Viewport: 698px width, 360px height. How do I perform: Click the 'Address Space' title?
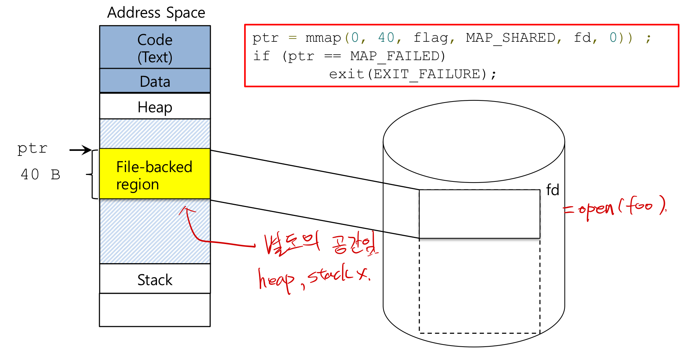point(156,13)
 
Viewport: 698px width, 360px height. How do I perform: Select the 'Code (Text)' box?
point(155,48)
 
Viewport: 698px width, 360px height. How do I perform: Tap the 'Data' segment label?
point(155,81)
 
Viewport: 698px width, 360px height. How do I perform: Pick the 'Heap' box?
point(155,107)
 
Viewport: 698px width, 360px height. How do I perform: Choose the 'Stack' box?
point(155,279)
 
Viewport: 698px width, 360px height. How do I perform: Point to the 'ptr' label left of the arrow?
point(32,148)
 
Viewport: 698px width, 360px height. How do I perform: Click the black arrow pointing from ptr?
point(80,150)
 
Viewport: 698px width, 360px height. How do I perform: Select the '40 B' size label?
point(40,175)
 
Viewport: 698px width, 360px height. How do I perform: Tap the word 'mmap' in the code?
point(323,38)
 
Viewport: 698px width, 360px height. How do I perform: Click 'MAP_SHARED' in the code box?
point(511,38)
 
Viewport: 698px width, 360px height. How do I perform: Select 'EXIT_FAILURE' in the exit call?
point(427,74)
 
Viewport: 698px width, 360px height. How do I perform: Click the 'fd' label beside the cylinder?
point(552,190)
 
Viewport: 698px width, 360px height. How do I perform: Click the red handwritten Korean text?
point(321,244)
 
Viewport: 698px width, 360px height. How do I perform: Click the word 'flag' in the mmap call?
point(431,38)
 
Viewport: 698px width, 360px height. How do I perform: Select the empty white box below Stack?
point(155,310)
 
